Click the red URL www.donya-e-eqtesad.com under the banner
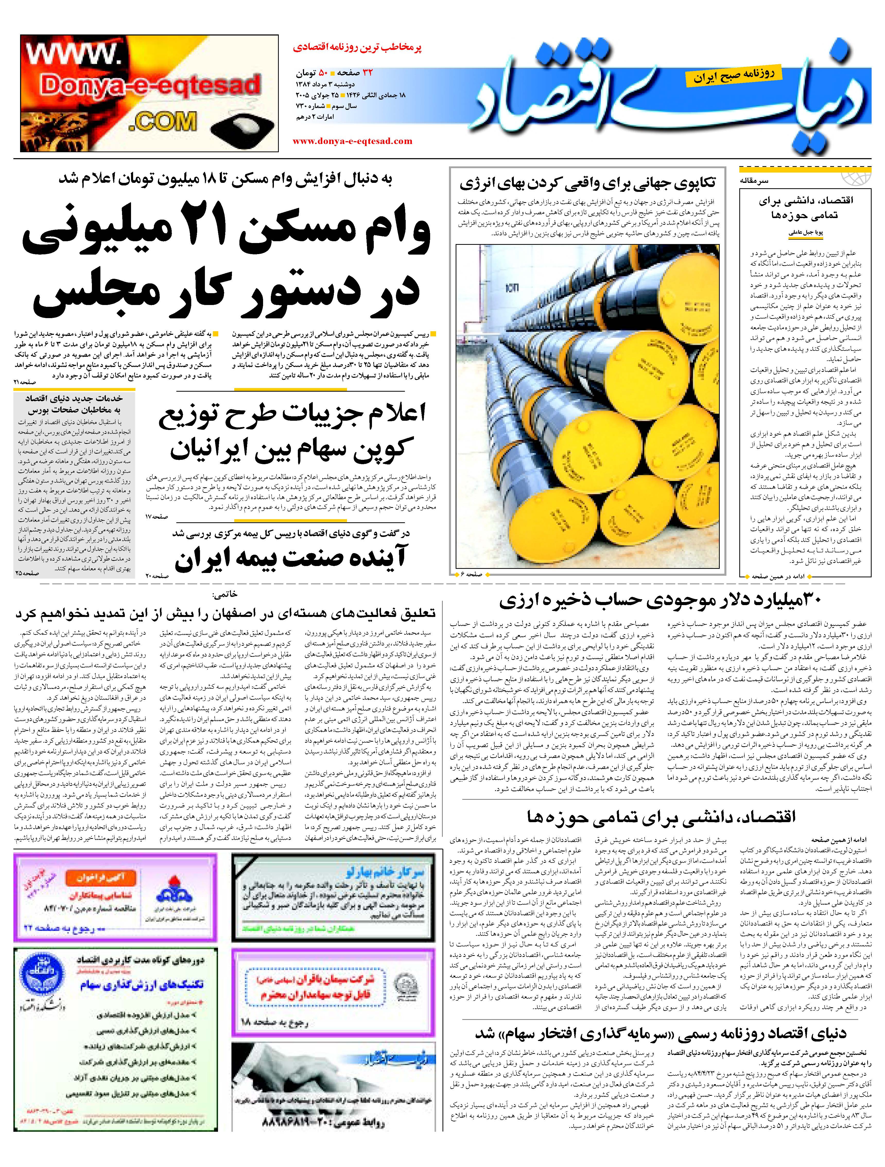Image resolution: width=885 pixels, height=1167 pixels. tap(352, 141)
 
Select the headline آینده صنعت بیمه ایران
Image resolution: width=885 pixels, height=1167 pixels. tap(290, 559)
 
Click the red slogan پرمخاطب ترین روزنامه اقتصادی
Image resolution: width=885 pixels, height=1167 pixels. tap(358, 48)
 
